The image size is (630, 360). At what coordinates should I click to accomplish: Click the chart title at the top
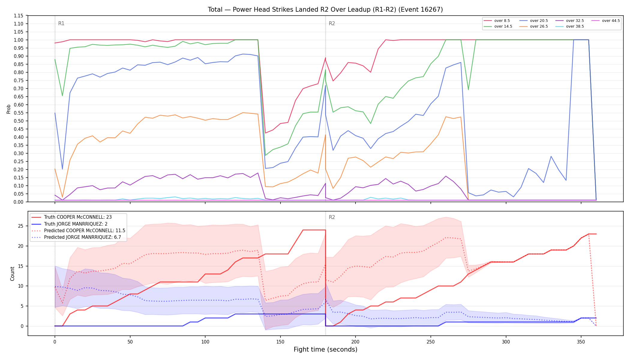pyautogui.click(x=325, y=10)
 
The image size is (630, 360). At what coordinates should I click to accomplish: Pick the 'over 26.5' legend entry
pyautogui.click(x=534, y=26)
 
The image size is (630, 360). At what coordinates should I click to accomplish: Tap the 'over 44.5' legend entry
pyautogui.click(x=606, y=21)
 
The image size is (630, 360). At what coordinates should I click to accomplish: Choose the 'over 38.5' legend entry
pyautogui.click(x=570, y=26)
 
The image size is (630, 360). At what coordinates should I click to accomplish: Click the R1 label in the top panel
pyautogui.click(x=61, y=23)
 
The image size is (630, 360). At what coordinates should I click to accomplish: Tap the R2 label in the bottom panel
pyautogui.click(x=332, y=217)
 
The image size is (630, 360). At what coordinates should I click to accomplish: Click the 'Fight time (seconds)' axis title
pyautogui.click(x=325, y=349)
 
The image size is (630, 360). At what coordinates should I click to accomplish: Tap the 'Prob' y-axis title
pyautogui.click(x=9, y=109)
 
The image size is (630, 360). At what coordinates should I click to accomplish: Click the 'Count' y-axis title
pyautogui.click(x=12, y=274)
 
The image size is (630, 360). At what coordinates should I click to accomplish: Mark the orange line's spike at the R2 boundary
pyautogui.click(x=325, y=135)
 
